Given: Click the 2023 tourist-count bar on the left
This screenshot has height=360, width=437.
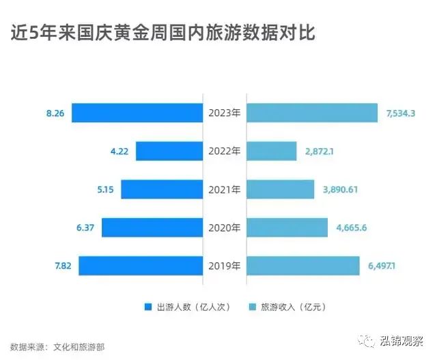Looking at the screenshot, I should pyautogui.click(x=137, y=113).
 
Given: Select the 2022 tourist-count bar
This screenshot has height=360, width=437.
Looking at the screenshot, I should pyautogui.click(x=169, y=151).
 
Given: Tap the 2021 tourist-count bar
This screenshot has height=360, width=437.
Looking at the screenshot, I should pyautogui.click(x=161, y=189).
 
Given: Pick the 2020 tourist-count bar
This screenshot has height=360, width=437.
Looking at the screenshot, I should pyautogui.click(x=152, y=227).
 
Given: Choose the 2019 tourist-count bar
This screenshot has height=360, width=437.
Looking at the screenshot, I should pyautogui.click(x=140, y=266).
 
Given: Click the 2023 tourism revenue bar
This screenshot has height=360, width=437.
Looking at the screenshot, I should pyautogui.click(x=311, y=113).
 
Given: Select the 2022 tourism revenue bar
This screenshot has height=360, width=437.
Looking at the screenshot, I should pyautogui.click(x=271, y=151).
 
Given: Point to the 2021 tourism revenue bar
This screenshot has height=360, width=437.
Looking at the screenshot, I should pyautogui.click(x=280, y=189).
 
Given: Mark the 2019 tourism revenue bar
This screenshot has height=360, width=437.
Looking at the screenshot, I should pyautogui.click(x=302, y=266).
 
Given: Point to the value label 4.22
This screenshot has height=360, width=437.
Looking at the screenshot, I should pyautogui.click(x=119, y=151).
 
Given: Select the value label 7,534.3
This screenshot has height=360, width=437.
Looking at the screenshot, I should pyautogui.click(x=401, y=113).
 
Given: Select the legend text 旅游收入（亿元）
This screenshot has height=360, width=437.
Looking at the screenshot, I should pyautogui.click(x=293, y=307).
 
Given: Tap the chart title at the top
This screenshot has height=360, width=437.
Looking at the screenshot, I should pyautogui.click(x=163, y=32).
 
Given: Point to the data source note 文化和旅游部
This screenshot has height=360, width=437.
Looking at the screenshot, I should pyautogui.click(x=79, y=347).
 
